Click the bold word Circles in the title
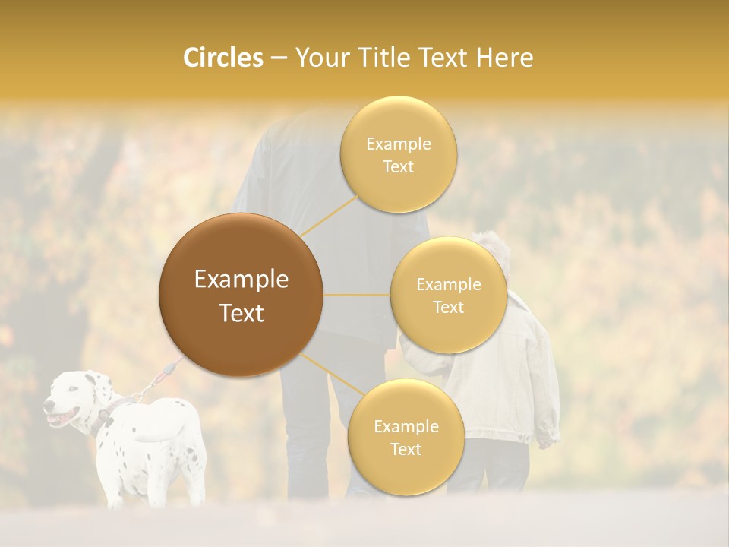(223, 58)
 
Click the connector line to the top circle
(328, 214)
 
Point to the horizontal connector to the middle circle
(357, 295)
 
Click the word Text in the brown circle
(241, 313)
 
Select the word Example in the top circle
(399, 144)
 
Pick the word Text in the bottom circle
(406, 449)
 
